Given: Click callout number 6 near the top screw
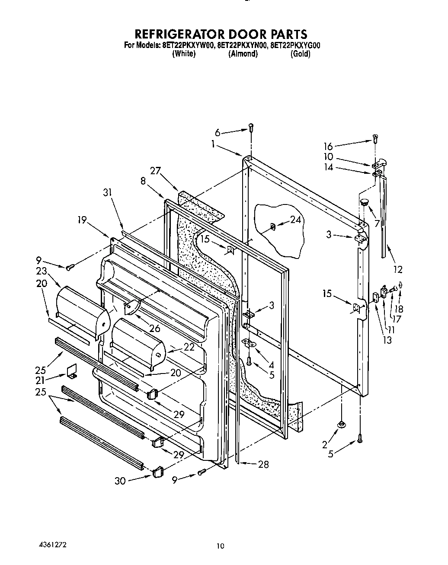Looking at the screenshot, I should pyautogui.click(x=218, y=133).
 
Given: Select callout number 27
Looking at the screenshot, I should pyautogui.click(x=155, y=171).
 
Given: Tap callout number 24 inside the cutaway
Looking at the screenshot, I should pyautogui.click(x=295, y=220).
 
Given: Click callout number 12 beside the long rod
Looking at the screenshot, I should pyautogui.click(x=397, y=269).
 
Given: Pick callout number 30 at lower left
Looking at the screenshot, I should pyautogui.click(x=120, y=480).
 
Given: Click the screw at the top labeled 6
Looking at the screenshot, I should pyautogui.click(x=250, y=127).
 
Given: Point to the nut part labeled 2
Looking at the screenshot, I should pyautogui.click(x=342, y=424).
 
